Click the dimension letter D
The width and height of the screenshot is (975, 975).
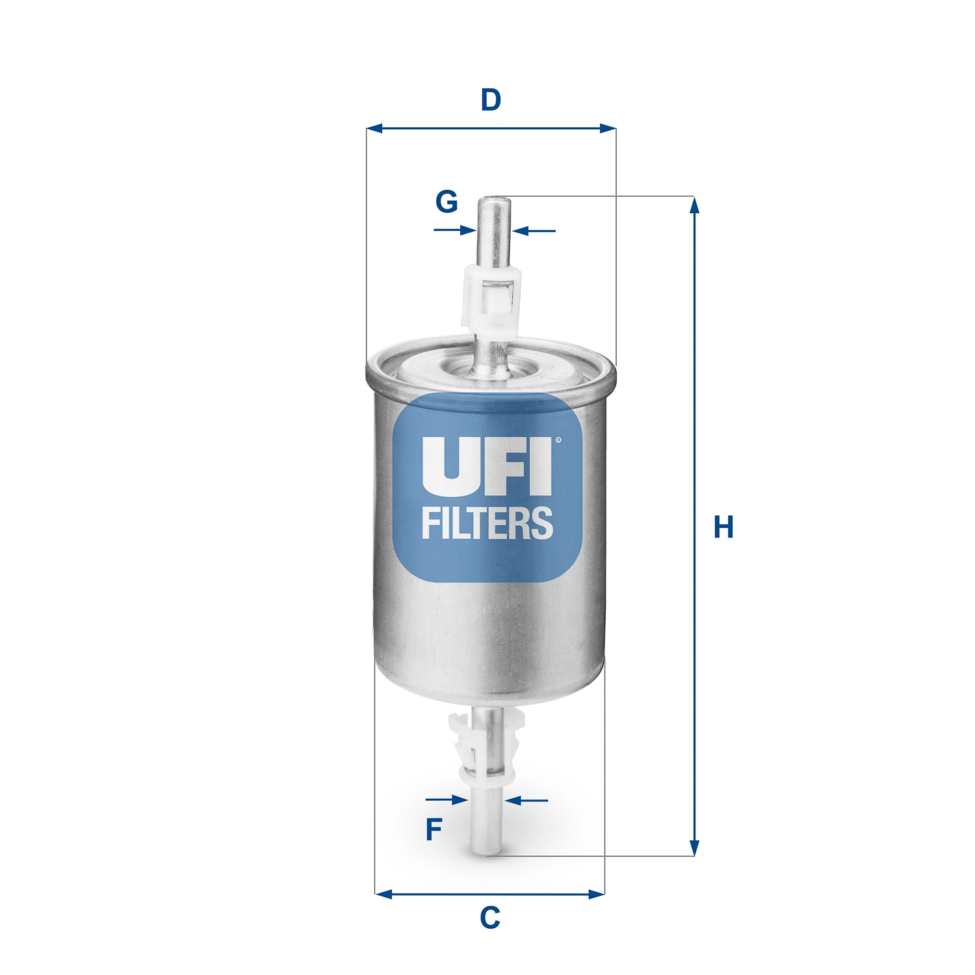point(491,101)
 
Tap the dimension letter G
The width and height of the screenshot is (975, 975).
point(447,201)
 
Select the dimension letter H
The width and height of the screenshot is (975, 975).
point(723,526)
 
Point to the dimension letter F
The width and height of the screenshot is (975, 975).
point(434,829)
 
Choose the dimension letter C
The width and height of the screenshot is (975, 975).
point(490,918)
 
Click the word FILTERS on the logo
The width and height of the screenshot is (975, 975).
point(487,523)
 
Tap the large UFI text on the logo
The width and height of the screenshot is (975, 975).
point(486,465)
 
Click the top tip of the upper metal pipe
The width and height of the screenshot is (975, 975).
point(494,200)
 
